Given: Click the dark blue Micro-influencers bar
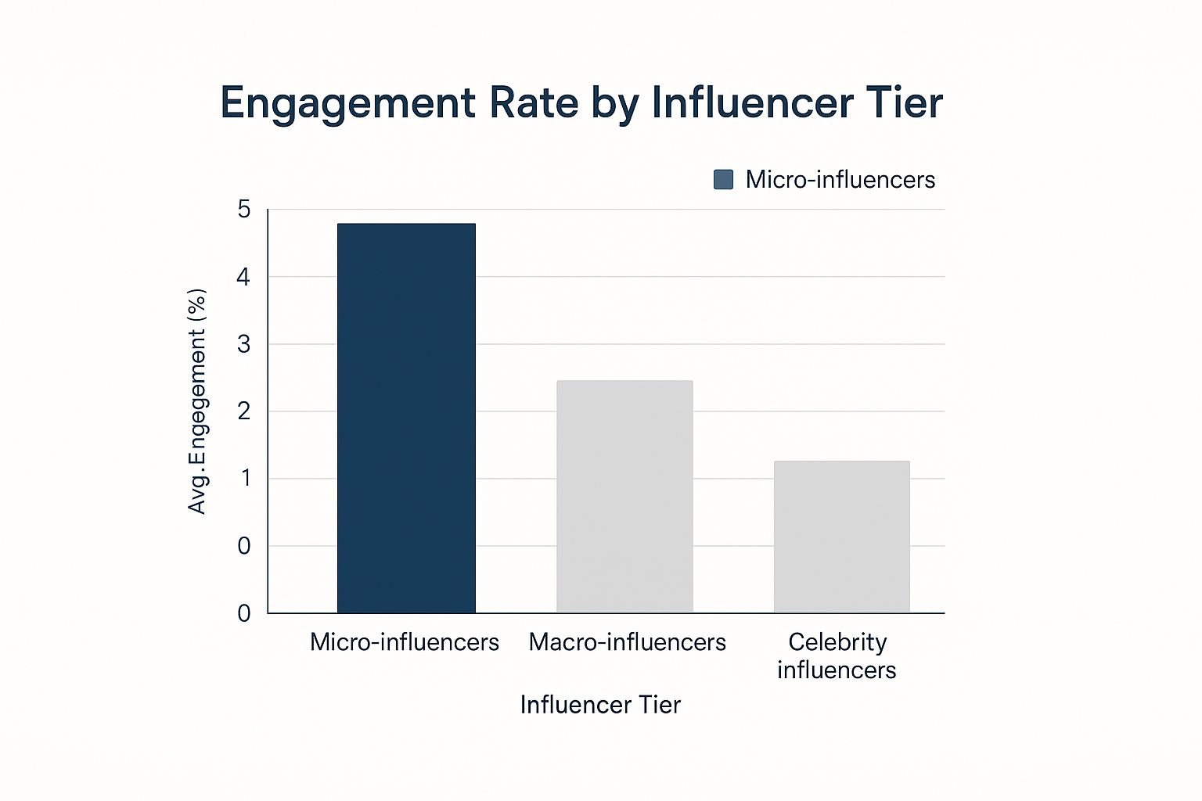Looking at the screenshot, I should (406, 418).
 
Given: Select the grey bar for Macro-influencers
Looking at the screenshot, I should (624, 496).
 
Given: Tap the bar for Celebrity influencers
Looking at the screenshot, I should (841, 537).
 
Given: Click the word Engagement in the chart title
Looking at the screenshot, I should (347, 104).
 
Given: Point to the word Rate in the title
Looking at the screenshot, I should (533, 102).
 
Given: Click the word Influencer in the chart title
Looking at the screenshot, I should (752, 102).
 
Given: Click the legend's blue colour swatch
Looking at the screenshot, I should (724, 180).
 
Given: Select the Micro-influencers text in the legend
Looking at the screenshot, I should (840, 180).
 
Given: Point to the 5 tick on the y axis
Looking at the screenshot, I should (244, 210).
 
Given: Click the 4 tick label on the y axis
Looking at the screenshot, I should (244, 277).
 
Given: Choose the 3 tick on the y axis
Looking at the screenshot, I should (244, 344).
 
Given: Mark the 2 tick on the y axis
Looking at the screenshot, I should (244, 411).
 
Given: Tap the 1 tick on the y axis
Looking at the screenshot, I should (245, 478).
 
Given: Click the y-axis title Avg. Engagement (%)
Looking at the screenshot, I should (197, 401).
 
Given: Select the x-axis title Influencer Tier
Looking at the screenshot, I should (600, 705).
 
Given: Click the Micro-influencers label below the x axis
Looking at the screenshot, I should (405, 642).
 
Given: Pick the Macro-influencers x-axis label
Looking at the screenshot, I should (627, 642).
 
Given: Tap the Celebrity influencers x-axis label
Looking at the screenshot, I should (837, 656).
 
